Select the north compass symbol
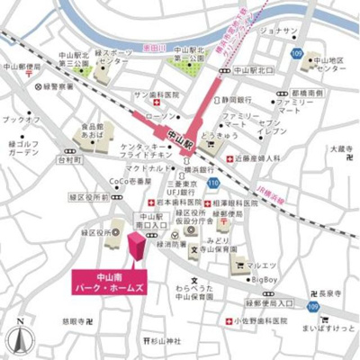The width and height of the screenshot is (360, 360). click(19, 338)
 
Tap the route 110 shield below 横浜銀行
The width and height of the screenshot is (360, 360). click(211, 184)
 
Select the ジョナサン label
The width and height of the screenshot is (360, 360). click(278, 31)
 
